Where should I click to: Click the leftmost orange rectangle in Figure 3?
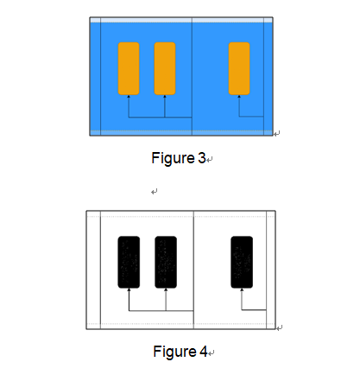(x=129, y=68)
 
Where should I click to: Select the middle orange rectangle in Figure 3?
(x=165, y=68)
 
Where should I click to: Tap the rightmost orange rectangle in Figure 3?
(x=239, y=68)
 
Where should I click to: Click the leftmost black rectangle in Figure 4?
(x=129, y=262)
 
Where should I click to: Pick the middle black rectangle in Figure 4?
(x=166, y=262)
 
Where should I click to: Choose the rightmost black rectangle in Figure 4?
(x=242, y=262)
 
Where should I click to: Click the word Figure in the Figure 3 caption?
(x=174, y=158)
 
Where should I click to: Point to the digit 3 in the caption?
(x=202, y=158)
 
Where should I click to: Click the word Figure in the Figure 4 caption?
(x=175, y=352)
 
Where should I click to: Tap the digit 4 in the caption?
(x=204, y=352)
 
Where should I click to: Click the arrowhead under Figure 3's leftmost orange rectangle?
(x=129, y=97)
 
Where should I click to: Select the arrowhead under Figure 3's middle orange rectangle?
(x=165, y=97)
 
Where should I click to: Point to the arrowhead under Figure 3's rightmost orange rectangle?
(x=239, y=97)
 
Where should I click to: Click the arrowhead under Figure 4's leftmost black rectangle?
(x=129, y=289)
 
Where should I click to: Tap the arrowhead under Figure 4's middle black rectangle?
(x=166, y=289)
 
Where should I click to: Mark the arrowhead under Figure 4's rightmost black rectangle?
(x=242, y=289)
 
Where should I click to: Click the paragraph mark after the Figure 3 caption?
(x=210, y=159)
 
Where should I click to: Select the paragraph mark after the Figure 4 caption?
(x=212, y=352)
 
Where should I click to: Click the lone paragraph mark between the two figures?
(x=155, y=192)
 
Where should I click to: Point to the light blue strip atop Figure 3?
(x=181, y=20)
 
